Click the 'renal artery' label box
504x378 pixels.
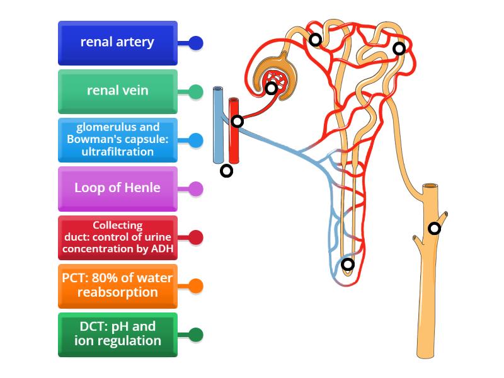(x=117, y=43)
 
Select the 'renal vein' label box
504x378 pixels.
(x=117, y=91)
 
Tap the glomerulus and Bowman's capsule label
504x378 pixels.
(x=117, y=139)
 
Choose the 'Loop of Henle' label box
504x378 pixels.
(x=117, y=188)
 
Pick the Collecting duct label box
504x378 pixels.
(x=117, y=237)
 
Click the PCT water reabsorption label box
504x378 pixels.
(x=117, y=285)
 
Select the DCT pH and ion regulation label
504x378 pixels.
(x=117, y=334)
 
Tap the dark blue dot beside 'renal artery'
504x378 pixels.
(x=196, y=43)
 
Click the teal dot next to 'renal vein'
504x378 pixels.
(x=196, y=92)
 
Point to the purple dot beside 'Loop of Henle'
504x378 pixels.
(x=196, y=188)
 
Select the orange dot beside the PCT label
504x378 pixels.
(x=196, y=286)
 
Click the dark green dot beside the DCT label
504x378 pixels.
(x=196, y=335)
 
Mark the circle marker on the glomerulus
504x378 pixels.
(x=271, y=88)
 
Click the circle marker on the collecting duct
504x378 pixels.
(x=434, y=228)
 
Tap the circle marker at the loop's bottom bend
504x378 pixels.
(x=348, y=265)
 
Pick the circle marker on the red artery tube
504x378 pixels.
(x=237, y=121)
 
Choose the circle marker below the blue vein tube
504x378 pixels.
(x=226, y=170)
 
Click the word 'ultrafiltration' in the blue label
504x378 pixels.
(x=117, y=151)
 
